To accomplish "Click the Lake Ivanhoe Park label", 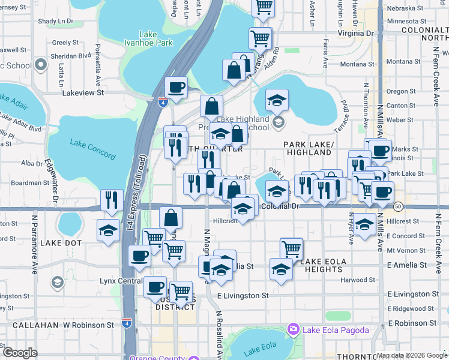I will click(155, 38).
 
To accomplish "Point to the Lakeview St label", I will click(83, 93).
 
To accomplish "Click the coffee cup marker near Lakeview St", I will click(176, 88).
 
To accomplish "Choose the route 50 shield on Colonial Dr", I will click(399, 206).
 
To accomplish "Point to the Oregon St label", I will click(397, 91).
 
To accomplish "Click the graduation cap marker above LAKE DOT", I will click(108, 230).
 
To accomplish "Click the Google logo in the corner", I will click(20, 353).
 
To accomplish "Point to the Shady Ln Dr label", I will click(55, 21).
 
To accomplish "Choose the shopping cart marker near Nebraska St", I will click(263, 7).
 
